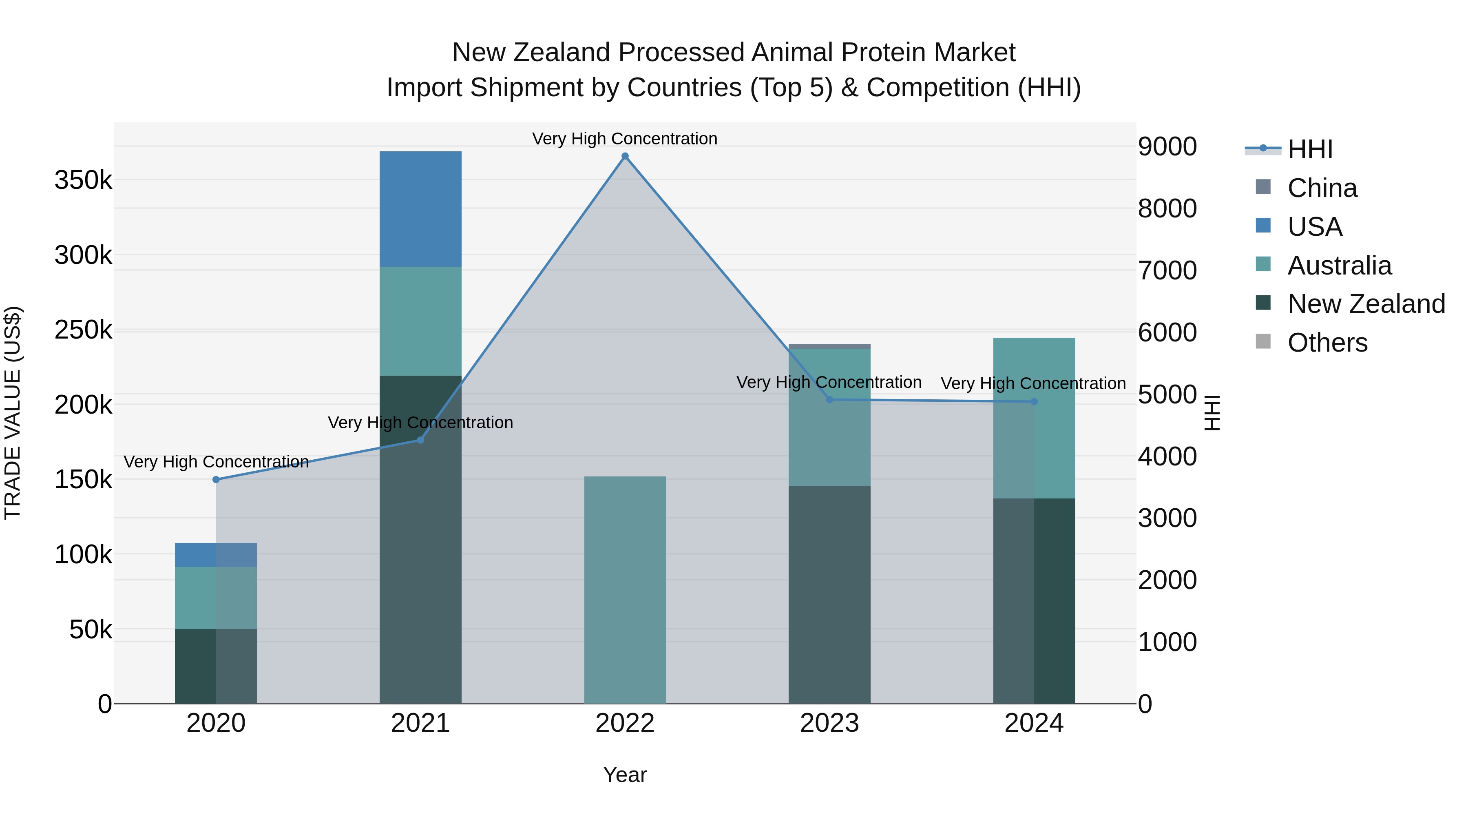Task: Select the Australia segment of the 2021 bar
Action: click(x=420, y=321)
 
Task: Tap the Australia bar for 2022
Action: click(x=625, y=589)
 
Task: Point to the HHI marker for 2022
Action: click(x=625, y=156)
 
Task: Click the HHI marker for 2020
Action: click(x=216, y=479)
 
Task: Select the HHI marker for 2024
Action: click(x=1034, y=401)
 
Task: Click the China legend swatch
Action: click(x=1263, y=187)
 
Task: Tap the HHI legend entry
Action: click(x=1309, y=149)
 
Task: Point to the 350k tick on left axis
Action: click(x=83, y=180)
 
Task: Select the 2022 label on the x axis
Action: click(x=625, y=723)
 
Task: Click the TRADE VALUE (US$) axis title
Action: click(x=13, y=413)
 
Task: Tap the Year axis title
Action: click(x=625, y=775)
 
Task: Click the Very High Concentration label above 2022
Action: click(x=625, y=139)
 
